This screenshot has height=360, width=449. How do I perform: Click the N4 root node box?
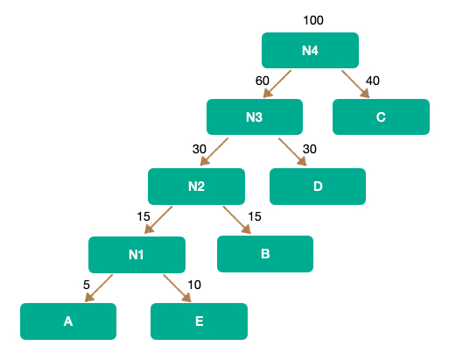tap(310, 50)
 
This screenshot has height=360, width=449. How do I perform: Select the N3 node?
tap(255, 116)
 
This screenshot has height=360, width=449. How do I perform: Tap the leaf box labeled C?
tap(381, 116)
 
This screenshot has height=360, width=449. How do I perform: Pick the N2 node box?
tap(196, 187)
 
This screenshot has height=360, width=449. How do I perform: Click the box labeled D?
tap(318, 187)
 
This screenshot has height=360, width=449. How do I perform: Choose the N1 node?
tap(137, 255)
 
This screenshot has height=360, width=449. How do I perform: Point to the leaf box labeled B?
tap(265, 254)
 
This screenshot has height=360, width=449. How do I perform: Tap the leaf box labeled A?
tap(68, 321)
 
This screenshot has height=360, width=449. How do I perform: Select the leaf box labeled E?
tap(199, 321)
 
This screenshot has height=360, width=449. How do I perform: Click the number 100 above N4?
tap(313, 20)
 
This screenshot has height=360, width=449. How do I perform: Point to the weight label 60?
tap(263, 81)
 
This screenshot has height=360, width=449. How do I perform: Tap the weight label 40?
tap(373, 81)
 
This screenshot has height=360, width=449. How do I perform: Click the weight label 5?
tap(87, 285)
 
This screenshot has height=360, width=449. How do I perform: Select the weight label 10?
tap(194, 285)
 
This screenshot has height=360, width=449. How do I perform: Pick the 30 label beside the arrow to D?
tap(310, 149)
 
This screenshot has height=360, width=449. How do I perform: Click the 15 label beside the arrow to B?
tap(255, 216)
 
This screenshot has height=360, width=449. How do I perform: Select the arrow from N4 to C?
tap(355, 84)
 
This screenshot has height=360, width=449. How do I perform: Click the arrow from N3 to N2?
tap(214, 152)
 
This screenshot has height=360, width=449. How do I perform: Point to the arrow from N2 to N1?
tap(158, 220)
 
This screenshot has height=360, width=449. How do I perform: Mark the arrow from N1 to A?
tap(99, 288)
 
